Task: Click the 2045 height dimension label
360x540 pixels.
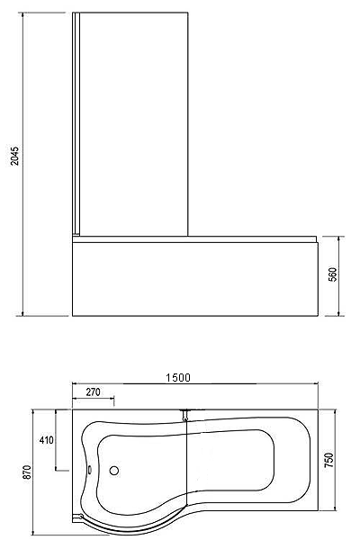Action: point(14,156)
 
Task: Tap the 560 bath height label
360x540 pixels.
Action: point(333,274)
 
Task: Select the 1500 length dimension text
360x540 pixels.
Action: point(178,378)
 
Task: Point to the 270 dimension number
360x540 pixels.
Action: point(94,391)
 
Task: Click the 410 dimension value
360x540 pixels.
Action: point(47,440)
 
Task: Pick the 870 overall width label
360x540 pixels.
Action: point(27,472)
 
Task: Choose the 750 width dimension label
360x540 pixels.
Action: point(329,460)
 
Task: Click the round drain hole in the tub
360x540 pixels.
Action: point(114,470)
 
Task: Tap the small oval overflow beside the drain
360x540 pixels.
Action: point(90,469)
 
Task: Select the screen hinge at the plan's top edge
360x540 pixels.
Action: point(185,415)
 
